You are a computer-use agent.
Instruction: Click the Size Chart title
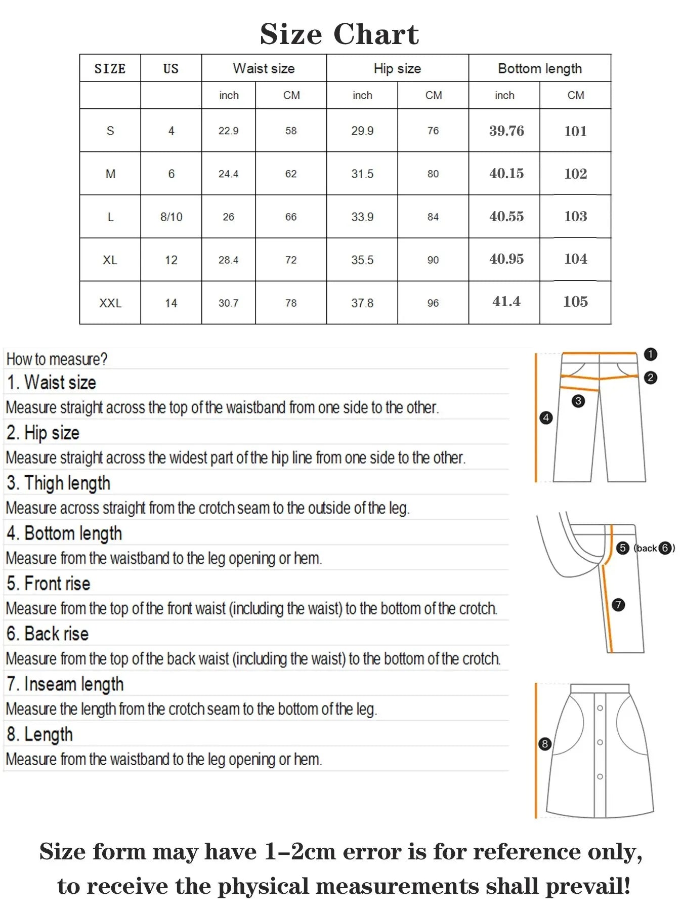click(x=339, y=34)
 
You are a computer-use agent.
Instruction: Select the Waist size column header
click(x=264, y=68)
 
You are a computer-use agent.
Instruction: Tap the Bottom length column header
click(x=539, y=68)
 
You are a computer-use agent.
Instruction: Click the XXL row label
click(x=110, y=303)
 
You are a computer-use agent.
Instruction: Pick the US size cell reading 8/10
click(x=171, y=217)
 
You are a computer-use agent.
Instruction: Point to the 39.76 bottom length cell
click(x=506, y=131)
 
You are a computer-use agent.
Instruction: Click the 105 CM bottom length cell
click(x=575, y=302)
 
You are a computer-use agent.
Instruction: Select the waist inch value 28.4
click(x=228, y=260)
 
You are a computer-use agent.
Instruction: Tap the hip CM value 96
click(x=433, y=303)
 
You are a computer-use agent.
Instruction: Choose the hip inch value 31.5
click(x=362, y=174)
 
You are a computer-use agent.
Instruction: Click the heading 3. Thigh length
click(x=58, y=483)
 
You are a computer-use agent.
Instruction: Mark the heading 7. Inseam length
click(x=65, y=684)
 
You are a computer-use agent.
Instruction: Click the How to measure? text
click(x=57, y=359)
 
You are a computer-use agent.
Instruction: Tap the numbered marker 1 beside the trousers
click(x=651, y=354)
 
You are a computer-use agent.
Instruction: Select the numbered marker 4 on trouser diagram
click(x=546, y=418)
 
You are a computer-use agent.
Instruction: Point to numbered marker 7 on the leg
click(x=618, y=605)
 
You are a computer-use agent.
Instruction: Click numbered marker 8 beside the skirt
click(x=544, y=743)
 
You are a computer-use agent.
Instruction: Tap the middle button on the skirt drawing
click(x=600, y=742)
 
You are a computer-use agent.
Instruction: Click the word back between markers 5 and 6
click(x=647, y=548)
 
